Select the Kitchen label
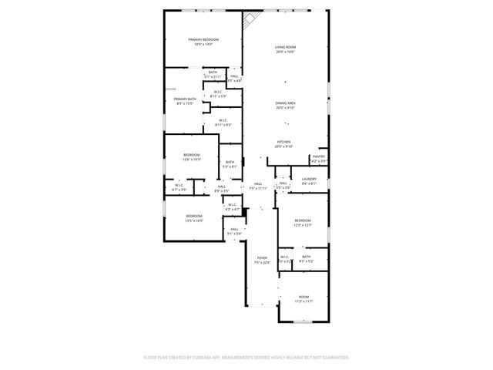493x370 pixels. (x=284, y=143)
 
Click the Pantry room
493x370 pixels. (x=318, y=159)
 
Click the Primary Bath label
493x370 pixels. (x=185, y=101)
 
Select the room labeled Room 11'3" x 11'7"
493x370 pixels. (x=304, y=298)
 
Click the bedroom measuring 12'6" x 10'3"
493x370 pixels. (x=192, y=157)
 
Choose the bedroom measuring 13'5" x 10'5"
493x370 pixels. (x=193, y=217)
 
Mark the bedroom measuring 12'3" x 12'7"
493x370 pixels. (x=302, y=222)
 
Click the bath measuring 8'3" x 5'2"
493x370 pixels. (x=306, y=259)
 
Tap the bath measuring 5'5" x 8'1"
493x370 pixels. (x=230, y=164)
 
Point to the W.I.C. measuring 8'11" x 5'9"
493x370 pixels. (x=218, y=94)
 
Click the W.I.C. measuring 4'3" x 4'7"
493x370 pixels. (x=232, y=207)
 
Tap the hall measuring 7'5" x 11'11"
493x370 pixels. (x=258, y=187)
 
